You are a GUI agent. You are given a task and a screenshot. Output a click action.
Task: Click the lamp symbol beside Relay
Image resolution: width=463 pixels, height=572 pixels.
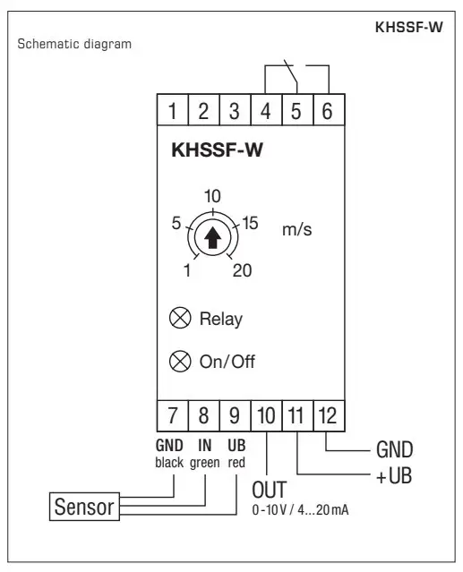coord(179,319)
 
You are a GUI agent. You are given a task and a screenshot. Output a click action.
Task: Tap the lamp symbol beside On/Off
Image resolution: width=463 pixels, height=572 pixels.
coord(179,363)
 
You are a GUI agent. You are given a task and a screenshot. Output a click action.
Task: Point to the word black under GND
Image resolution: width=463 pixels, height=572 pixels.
coord(169,462)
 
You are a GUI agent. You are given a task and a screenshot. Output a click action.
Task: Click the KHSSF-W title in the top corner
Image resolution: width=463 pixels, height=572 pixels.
coord(407,26)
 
